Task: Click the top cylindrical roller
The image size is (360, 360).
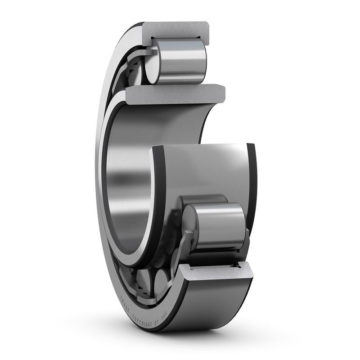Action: click(180, 61)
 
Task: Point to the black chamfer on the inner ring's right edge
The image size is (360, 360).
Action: click(252, 180)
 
